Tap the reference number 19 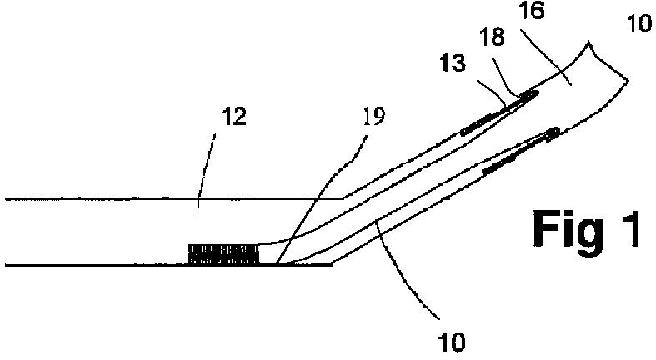(375, 117)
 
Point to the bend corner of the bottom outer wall (332, 265)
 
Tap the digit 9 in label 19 (380, 117)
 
